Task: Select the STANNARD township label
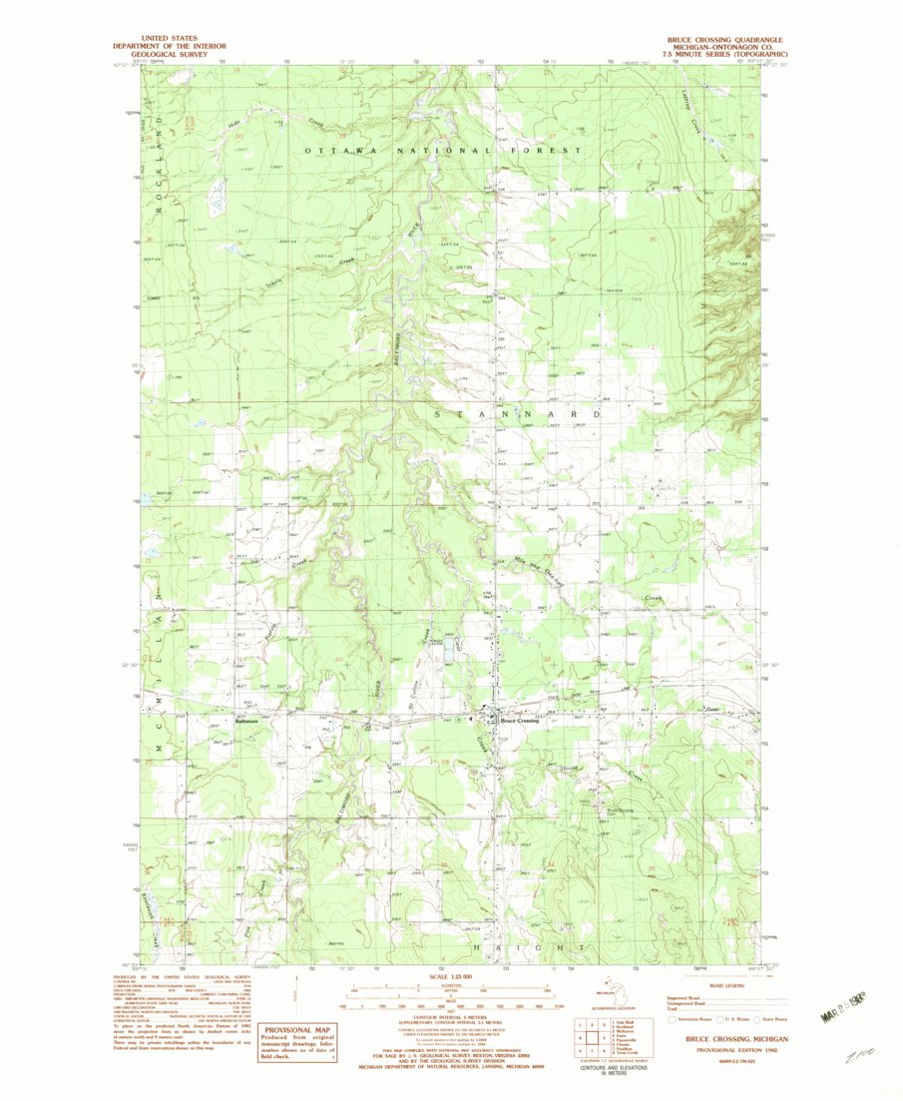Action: pyautogui.click(x=518, y=412)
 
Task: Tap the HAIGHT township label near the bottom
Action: pyautogui.click(x=526, y=945)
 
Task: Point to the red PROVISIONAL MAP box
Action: pyautogui.click(x=295, y=1038)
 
